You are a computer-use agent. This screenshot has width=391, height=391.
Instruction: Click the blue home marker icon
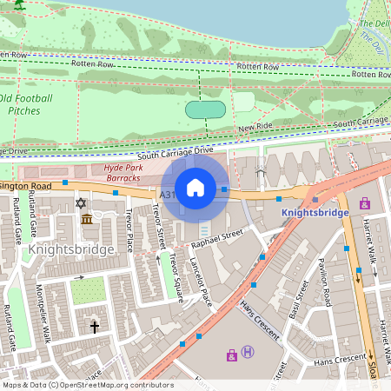[x=195, y=188]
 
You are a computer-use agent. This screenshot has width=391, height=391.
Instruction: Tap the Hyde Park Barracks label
[x=122, y=172]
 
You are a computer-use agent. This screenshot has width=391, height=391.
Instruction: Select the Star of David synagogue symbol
[x=83, y=202]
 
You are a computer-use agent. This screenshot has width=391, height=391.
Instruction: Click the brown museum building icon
[x=87, y=219]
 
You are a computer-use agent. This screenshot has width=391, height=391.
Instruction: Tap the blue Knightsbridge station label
[x=315, y=212]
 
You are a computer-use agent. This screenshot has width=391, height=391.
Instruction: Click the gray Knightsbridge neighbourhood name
[x=71, y=249]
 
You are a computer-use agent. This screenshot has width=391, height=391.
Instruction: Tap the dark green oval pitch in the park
[x=206, y=109]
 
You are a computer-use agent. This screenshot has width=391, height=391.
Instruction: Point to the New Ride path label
[x=255, y=128]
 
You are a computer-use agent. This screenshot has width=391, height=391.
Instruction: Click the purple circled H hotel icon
[x=248, y=352]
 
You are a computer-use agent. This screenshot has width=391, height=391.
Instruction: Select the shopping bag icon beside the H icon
[x=232, y=355]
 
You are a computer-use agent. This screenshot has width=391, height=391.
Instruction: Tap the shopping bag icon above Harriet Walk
[x=364, y=204]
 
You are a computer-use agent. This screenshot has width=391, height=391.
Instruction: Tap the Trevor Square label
[x=177, y=277]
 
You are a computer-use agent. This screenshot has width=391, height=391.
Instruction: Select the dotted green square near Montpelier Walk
[x=88, y=290]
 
